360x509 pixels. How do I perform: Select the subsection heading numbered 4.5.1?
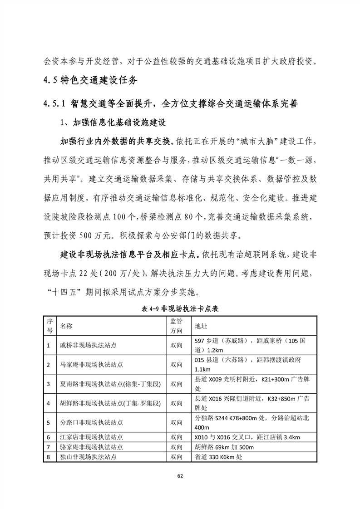point(170,103)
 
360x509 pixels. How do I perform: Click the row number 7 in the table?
point(48,447)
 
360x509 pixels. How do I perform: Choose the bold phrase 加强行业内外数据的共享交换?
point(117,141)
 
